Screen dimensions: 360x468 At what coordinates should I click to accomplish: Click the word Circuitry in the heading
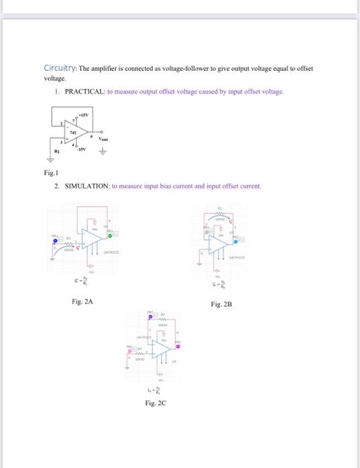click(x=60, y=68)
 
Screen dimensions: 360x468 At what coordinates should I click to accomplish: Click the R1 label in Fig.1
click(x=57, y=152)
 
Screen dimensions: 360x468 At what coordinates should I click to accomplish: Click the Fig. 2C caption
click(x=155, y=403)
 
